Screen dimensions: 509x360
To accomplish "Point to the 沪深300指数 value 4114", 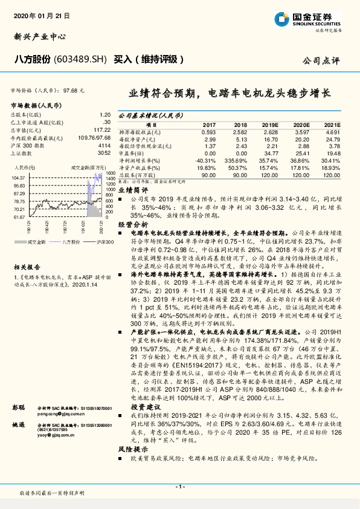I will click(104, 146).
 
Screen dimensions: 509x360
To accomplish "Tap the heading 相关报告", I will click(28, 266).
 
